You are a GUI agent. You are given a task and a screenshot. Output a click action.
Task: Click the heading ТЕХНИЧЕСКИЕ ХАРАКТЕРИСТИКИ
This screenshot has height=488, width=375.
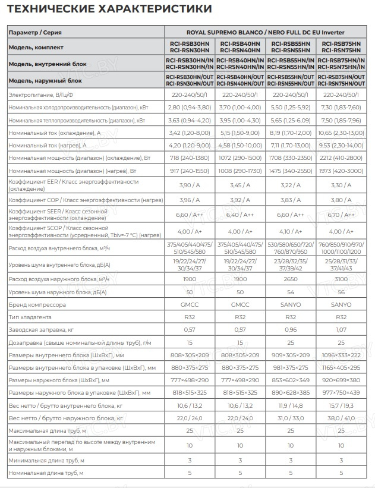pos(109,9)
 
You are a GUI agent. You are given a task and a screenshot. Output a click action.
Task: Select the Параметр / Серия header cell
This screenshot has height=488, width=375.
pos(36,32)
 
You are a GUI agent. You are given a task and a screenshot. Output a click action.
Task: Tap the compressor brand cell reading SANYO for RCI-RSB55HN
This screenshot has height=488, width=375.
pos(291,304)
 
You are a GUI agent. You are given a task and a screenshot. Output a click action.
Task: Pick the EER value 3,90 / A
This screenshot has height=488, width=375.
pos(189,185)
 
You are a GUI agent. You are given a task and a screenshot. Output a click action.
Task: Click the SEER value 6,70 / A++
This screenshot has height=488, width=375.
pos(341,215)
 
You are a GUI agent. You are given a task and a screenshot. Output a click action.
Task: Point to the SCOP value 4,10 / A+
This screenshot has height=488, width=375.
pos(291,232)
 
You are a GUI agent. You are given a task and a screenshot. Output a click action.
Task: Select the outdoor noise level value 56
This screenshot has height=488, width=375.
pos(341,292)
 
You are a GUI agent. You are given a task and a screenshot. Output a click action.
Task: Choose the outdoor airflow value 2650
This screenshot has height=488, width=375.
pos(291,279)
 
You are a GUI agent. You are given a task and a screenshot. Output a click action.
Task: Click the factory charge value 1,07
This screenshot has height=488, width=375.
pos(341,329)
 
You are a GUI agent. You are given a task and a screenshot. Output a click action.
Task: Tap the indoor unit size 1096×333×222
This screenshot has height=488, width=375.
pos(341,355)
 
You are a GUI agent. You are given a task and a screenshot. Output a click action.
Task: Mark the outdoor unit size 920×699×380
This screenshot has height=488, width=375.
pos(341,380)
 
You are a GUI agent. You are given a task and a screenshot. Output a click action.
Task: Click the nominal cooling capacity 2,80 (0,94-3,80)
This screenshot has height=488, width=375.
pos(189,107)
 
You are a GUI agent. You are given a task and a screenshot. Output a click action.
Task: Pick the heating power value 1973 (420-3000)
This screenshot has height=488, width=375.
pos(341,171)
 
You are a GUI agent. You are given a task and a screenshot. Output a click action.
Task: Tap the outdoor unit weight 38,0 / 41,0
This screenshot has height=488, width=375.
pos(341,418)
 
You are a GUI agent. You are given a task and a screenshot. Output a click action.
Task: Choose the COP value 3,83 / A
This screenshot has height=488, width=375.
pos(291,200)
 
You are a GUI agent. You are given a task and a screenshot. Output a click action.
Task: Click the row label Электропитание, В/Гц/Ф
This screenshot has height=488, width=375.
pos(40,95)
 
